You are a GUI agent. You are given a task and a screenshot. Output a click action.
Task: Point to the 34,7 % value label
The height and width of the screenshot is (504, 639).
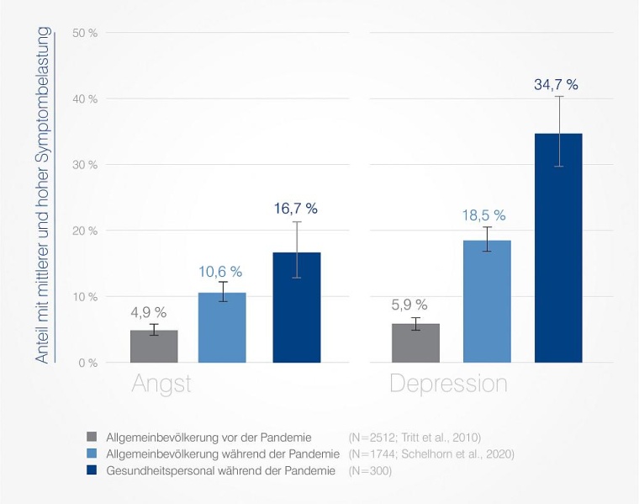point(557,84)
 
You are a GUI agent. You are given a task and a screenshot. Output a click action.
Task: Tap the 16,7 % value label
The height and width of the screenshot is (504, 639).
point(296,209)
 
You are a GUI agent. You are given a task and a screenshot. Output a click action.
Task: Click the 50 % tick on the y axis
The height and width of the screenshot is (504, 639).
point(86,33)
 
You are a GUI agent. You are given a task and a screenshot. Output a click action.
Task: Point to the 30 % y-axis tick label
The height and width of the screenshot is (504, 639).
point(86,165)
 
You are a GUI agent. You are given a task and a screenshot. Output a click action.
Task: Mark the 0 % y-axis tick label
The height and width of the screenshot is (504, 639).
point(88,363)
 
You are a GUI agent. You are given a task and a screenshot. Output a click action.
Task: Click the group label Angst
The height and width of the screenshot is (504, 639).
point(161,385)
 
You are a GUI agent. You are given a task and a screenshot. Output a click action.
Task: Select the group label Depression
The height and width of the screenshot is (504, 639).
point(448,385)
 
